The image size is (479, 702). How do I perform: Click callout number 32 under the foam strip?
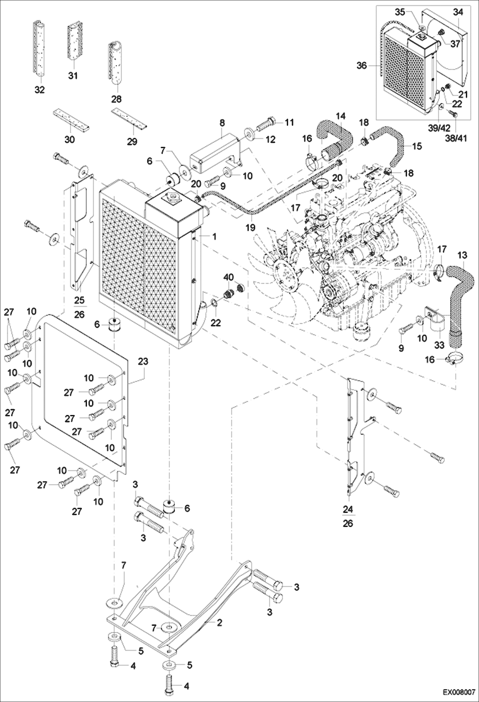[40, 90]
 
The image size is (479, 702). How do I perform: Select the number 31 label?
[73, 76]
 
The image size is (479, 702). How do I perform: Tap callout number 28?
[116, 99]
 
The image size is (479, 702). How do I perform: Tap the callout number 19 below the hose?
[250, 227]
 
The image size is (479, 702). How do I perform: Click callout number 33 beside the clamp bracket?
[439, 345]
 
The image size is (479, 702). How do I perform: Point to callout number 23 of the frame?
[143, 361]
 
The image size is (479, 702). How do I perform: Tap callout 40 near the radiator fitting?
[229, 277]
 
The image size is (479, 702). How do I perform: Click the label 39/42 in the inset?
[439, 128]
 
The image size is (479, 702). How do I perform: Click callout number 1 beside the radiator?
[214, 236]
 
